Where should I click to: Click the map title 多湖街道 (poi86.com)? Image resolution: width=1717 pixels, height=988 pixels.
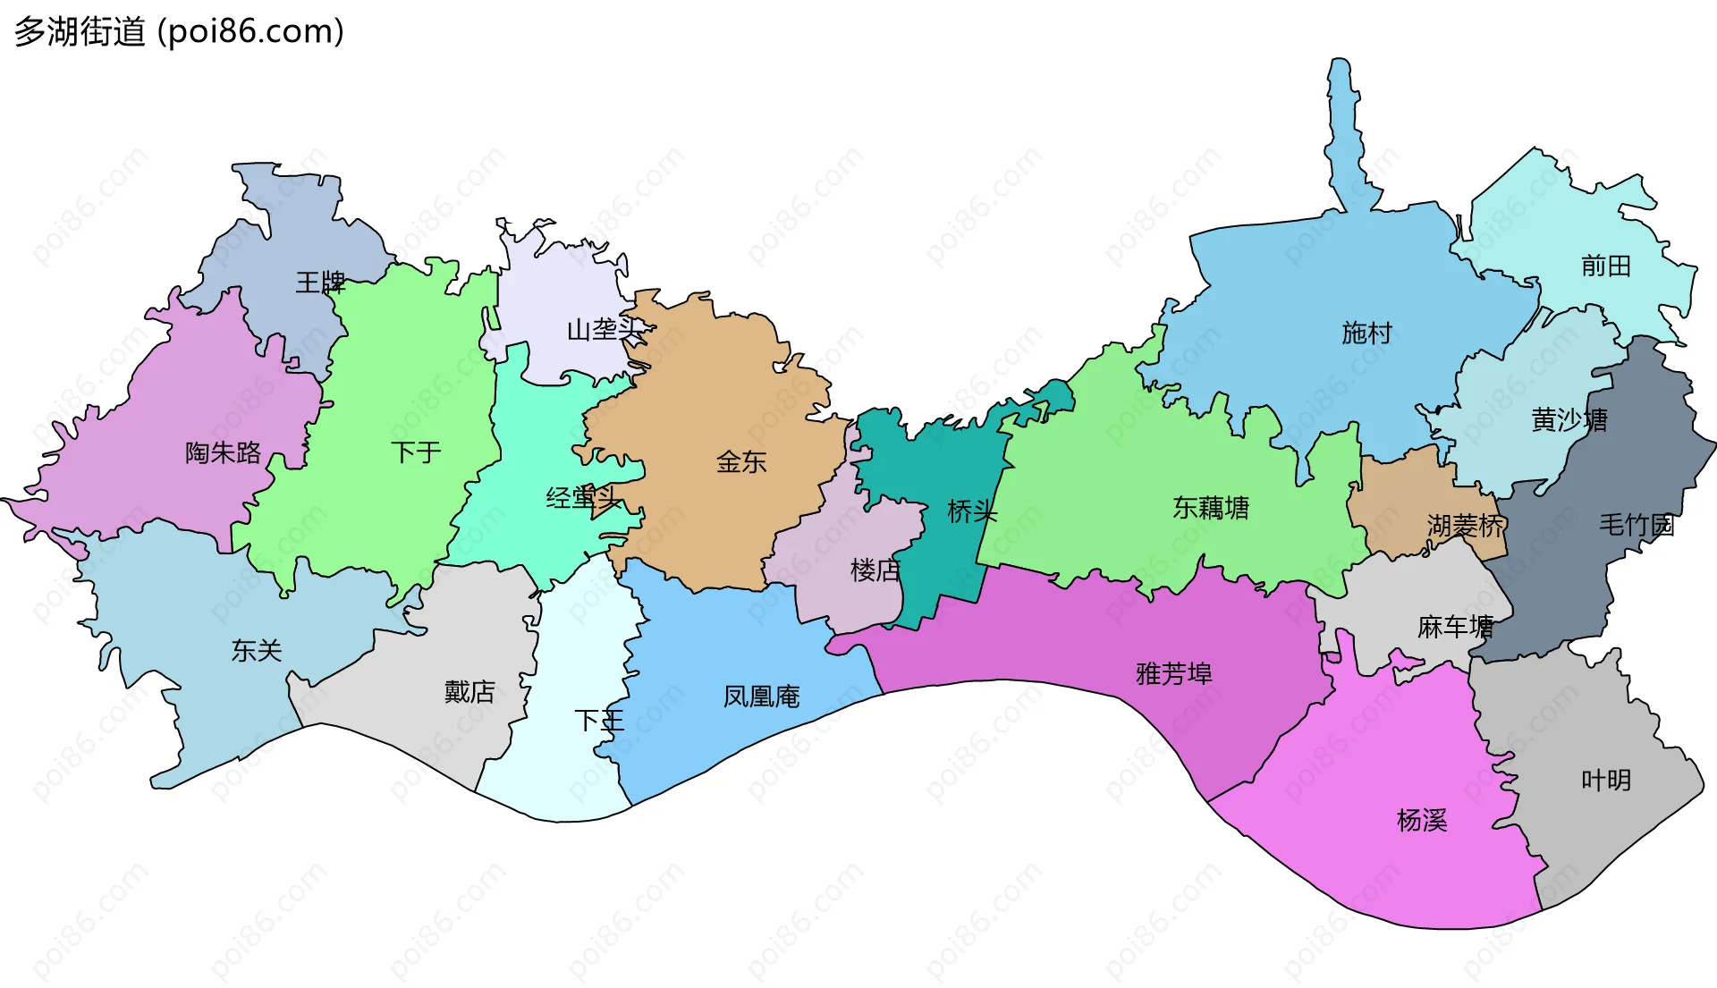click(179, 32)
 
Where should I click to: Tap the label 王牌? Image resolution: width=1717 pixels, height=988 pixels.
click(320, 283)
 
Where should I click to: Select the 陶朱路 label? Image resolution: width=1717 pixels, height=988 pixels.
click(223, 452)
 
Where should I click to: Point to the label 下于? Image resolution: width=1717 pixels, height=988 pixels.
click(416, 452)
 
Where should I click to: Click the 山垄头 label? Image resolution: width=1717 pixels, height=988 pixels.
click(605, 330)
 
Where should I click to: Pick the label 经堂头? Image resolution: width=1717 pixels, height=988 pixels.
click(583, 498)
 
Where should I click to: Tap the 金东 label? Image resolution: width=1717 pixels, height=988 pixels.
click(741, 461)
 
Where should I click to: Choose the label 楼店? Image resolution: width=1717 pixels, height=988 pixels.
click(875, 570)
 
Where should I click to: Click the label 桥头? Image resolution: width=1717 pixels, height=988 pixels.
click(972, 511)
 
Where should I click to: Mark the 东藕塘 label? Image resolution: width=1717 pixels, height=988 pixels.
click(1211, 508)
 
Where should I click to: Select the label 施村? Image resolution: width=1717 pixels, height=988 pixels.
click(1366, 333)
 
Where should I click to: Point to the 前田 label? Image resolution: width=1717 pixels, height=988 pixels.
click(1605, 266)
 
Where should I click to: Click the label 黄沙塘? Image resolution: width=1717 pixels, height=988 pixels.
click(1569, 419)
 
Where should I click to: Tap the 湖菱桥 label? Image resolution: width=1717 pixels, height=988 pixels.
click(1466, 526)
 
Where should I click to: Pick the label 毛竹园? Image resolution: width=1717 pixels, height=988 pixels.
click(1636, 525)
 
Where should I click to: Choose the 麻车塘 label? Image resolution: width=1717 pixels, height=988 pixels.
click(1455, 627)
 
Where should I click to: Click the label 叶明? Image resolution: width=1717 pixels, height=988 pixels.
click(1606, 781)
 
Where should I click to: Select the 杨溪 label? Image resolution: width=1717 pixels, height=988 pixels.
click(1422, 820)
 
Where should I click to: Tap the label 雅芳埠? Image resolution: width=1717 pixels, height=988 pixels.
click(1174, 673)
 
